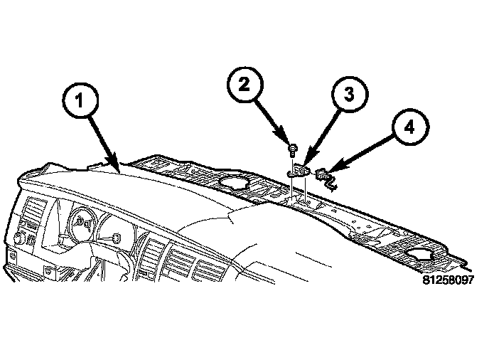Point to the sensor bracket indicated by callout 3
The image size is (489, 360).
pyautogui.click(x=299, y=171)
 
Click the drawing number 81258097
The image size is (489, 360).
pyautogui.click(x=448, y=280)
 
